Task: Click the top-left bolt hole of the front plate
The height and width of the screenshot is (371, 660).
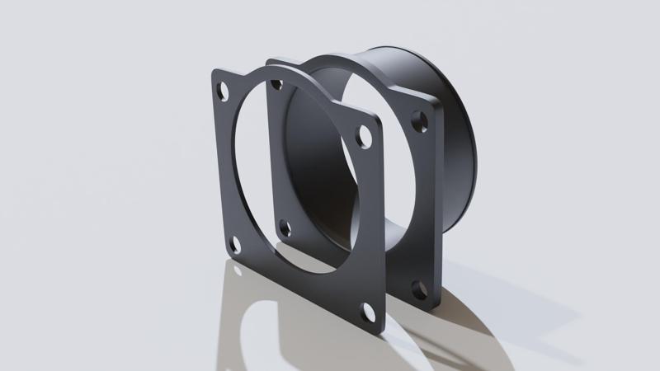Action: tap(222, 92)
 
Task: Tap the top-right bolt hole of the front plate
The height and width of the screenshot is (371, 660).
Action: tap(363, 137)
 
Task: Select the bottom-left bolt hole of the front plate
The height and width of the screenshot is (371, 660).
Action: tap(234, 244)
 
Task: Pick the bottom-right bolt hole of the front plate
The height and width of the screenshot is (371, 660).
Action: tap(369, 312)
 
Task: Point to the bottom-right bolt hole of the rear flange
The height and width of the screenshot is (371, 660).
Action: tap(420, 290)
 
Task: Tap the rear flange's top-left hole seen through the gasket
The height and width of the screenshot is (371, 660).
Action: tap(277, 84)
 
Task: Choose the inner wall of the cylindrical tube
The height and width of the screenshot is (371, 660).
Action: tap(322, 165)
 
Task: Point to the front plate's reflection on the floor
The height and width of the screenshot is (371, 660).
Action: tap(272, 322)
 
